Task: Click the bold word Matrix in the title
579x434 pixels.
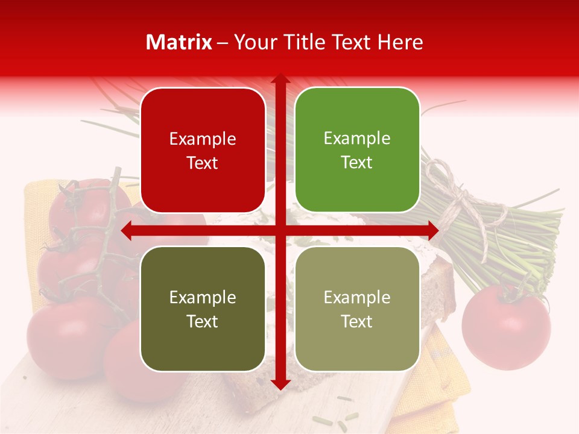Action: pos(179,42)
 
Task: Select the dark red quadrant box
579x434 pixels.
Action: pos(203,150)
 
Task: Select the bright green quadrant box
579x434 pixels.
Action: pos(357,150)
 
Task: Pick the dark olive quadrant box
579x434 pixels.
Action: pos(203,309)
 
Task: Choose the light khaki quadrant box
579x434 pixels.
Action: pos(357,309)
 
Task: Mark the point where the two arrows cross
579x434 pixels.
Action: pos(280,230)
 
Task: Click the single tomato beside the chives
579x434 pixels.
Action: pos(505,325)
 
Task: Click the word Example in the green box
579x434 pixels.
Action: pos(357,138)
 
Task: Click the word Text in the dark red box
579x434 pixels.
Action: pos(203,163)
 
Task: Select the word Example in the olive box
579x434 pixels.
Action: pos(203,297)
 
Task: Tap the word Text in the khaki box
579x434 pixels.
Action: pos(357,321)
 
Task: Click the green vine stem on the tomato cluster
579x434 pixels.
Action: pos(103,241)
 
